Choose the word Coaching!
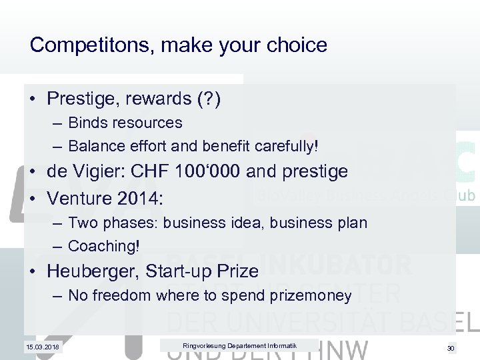[x=104, y=245]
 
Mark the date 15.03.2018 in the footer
[x=42, y=348]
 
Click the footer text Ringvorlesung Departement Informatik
[x=239, y=345]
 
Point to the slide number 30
[x=450, y=348]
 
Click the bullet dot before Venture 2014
[x=33, y=199]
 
